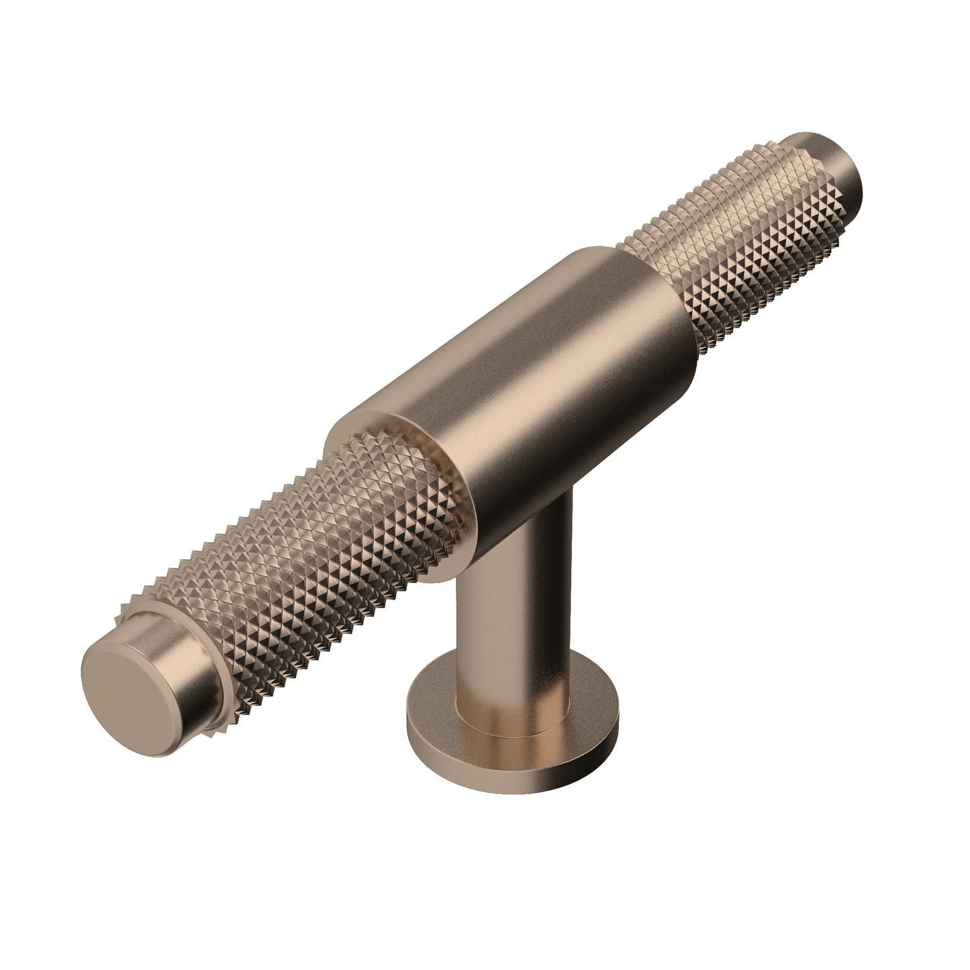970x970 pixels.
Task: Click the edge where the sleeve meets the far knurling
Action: (x=678, y=316)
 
